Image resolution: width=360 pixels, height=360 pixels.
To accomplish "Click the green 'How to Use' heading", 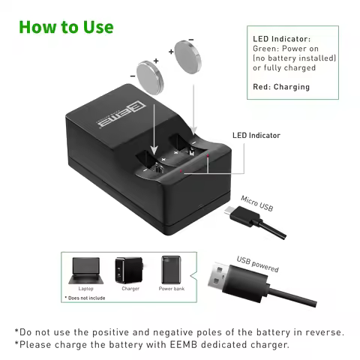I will point(66,27).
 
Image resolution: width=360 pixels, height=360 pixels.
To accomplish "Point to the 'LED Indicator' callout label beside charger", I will point(256,136).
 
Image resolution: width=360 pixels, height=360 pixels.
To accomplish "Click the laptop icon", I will point(85,268).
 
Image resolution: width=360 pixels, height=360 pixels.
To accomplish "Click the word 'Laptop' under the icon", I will point(85,288).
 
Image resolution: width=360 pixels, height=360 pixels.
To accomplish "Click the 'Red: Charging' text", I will point(280,87).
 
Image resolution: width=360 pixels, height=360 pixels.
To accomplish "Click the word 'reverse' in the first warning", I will point(322,331).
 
